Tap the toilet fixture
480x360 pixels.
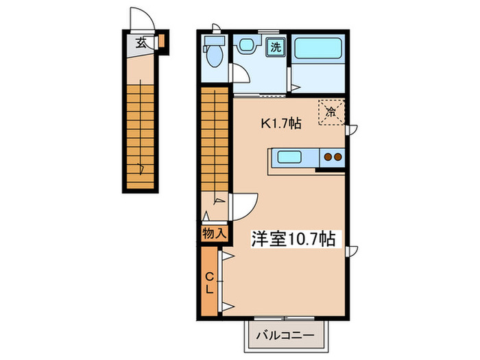213,56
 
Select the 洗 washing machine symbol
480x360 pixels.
274,48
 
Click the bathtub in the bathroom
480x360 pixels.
318,50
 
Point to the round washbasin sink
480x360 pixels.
245,46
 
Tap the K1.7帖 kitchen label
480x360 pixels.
278,124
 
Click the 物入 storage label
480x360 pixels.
214,233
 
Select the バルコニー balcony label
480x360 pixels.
285,336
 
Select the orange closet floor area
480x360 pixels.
210,302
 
